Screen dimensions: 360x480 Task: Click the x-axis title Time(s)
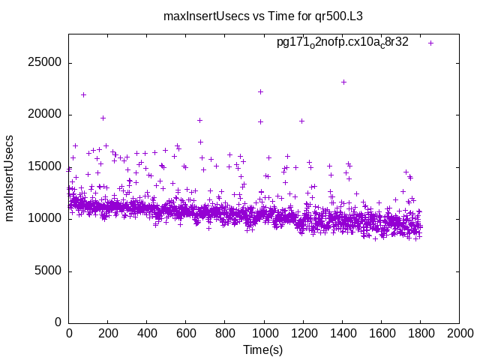click(262, 349)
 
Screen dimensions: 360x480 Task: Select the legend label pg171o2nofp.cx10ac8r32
click(343, 42)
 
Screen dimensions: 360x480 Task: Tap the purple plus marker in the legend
click(430, 43)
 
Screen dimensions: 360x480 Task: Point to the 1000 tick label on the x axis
click(264, 333)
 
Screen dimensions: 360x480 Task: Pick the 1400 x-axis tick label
click(342, 333)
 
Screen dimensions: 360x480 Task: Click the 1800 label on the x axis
click(420, 333)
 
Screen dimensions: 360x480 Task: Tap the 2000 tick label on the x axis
click(459, 333)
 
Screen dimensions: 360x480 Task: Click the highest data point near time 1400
click(343, 82)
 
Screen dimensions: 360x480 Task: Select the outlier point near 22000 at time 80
click(83, 94)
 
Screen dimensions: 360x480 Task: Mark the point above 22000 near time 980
click(260, 91)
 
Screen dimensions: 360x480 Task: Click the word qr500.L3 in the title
click(339, 16)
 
